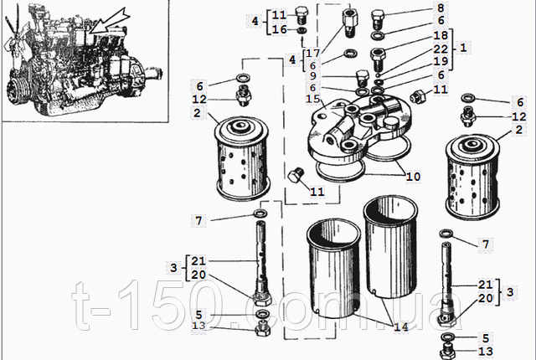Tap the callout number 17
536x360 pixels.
[x=312, y=52]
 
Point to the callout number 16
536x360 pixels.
[x=278, y=29]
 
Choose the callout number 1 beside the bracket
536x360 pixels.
[x=462, y=49]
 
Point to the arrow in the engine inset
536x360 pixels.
[x=107, y=17]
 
